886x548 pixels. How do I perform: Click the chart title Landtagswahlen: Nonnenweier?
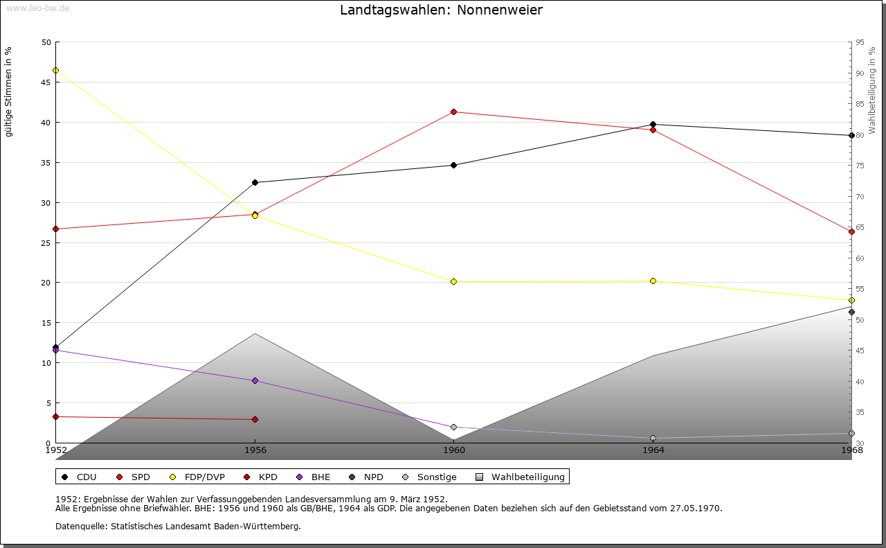click(441, 10)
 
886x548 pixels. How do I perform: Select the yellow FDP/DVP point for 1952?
click(55, 70)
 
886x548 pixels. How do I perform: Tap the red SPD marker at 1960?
click(453, 112)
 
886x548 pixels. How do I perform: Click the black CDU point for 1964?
click(653, 125)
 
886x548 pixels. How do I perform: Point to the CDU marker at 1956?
click(255, 182)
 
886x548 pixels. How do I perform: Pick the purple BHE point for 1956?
click(255, 380)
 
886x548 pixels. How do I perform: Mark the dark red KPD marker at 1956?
click(255, 419)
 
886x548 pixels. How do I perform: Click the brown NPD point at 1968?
click(851, 312)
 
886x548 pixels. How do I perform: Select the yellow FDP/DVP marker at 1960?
click(453, 281)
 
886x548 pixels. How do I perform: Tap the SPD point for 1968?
click(851, 231)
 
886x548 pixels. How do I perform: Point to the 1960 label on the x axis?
click(453, 450)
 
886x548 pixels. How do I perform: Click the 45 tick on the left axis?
click(46, 82)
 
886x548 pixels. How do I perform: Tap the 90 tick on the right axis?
click(859, 73)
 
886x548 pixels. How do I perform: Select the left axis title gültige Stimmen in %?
click(9, 92)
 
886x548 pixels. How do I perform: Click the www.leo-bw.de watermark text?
click(37, 8)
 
